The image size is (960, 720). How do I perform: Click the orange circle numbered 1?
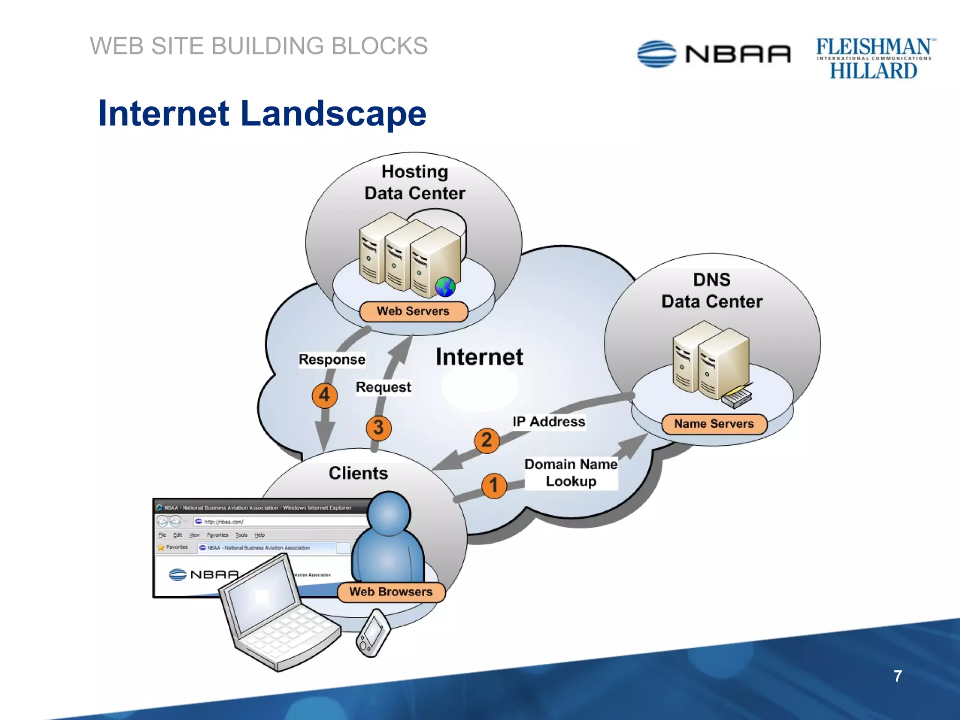point(494,486)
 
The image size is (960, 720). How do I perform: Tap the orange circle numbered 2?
point(487,440)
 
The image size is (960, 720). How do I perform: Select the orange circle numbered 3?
point(378,427)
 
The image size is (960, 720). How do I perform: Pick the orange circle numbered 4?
point(324,395)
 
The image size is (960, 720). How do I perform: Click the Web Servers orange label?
point(413,311)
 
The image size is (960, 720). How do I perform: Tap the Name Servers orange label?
point(714,424)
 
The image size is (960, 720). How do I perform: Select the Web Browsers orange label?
point(391,592)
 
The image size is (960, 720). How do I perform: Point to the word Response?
point(332,360)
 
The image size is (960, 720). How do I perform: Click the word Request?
point(383,387)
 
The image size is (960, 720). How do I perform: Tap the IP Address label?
point(548,421)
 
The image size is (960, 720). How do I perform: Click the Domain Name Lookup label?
point(570,473)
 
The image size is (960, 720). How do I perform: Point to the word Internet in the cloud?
point(479,357)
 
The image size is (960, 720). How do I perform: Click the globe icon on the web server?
point(445,287)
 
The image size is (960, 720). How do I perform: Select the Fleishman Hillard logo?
point(874,59)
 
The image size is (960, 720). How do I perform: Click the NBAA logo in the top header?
point(713,54)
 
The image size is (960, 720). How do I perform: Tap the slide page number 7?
point(897,676)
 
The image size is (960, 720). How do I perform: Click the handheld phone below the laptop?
point(373,633)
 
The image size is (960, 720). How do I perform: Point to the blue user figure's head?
point(389,513)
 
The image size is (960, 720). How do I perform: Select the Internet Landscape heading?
point(262,113)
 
